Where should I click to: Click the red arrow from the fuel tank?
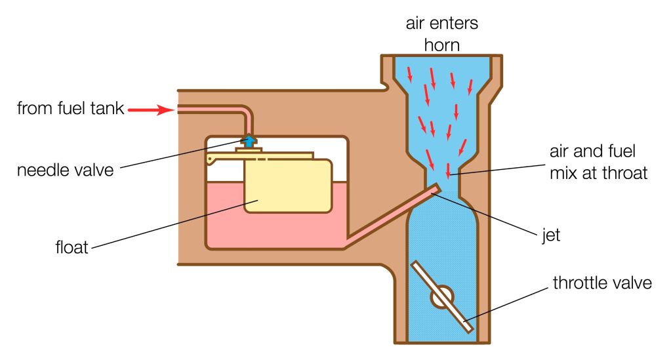click(x=150, y=110)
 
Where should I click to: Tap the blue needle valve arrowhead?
click(x=250, y=140)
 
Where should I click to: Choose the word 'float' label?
click(x=72, y=249)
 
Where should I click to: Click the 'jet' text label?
click(x=551, y=235)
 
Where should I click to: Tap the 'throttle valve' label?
click(x=602, y=283)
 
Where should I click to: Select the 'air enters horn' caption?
click(x=441, y=33)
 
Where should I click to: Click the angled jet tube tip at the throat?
click(x=435, y=188)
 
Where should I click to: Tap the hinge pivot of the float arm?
click(x=209, y=159)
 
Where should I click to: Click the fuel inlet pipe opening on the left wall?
click(x=179, y=110)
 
